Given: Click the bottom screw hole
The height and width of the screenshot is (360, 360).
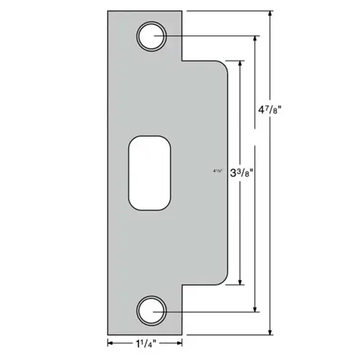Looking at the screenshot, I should (x=151, y=310).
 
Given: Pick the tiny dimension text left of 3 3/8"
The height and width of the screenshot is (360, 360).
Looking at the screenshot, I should (x=218, y=172).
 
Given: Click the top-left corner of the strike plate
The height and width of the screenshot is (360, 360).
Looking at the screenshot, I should (x=108, y=12).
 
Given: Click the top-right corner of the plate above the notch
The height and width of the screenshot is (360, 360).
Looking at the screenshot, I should (x=182, y=12).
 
